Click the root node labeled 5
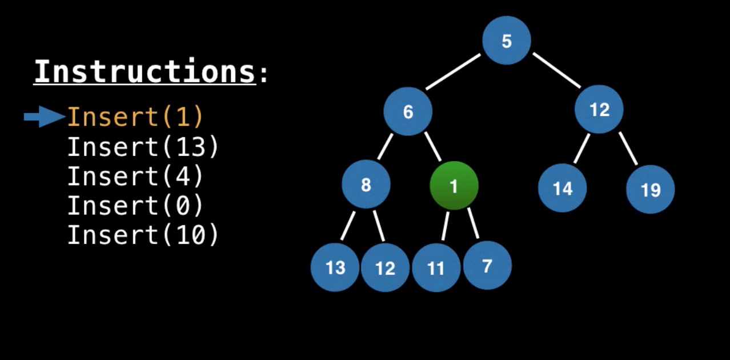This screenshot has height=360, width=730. pos(507,41)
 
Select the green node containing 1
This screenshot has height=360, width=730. pos(454,186)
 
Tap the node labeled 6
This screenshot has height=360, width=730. pos(407,111)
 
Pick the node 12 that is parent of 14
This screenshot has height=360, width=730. pos(599,109)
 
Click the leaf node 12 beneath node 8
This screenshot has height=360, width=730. pos(385,267)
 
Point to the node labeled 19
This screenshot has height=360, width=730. pos(650,189)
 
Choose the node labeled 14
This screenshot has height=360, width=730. pos(562,188)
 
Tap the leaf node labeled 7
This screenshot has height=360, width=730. pos(487,265)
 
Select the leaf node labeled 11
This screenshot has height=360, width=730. pos(436,267)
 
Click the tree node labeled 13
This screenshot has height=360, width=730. pos(335,267)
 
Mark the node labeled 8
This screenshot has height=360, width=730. pos(366,185)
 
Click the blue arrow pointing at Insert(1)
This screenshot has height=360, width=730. pos(45,117)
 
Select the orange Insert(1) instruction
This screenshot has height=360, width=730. pos(135,117)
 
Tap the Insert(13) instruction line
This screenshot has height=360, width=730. pos(143,147)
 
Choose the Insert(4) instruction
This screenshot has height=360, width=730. pos(135,177)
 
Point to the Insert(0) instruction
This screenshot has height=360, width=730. pos(135,206)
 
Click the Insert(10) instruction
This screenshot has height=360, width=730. pos(143,235)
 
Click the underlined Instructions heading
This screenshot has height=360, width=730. pos(145,72)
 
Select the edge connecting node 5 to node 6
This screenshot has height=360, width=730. pos(453,72)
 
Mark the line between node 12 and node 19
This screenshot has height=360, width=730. pos(628,148)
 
